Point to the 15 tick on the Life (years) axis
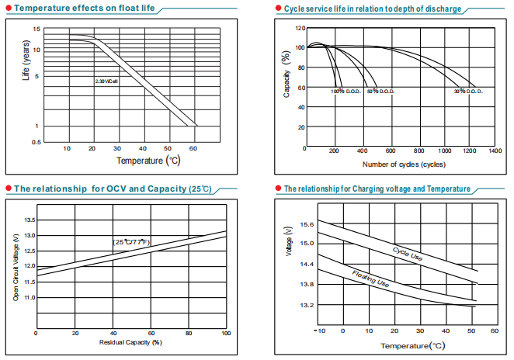pyautogui.click(x=36, y=29)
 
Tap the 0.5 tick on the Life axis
pyautogui.click(x=36, y=143)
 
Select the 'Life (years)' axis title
pyautogui.click(x=26, y=67)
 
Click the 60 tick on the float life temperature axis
pyautogui.click(x=192, y=147)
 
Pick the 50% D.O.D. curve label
pyautogui.click(x=380, y=91)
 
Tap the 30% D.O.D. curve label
pyautogui.click(x=468, y=91)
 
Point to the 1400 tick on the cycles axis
pyautogui.click(x=495, y=151)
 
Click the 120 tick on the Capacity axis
pyautogui.click(x=300, y=29)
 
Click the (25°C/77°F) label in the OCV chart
pyautogui.click(x=131, y=243)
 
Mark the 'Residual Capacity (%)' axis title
pyautogui.click(x=130, y=342)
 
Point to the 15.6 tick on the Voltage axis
pyautogui.click(x=307, y=224)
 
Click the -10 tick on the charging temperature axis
pyautogui.click(x=318, y=331)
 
